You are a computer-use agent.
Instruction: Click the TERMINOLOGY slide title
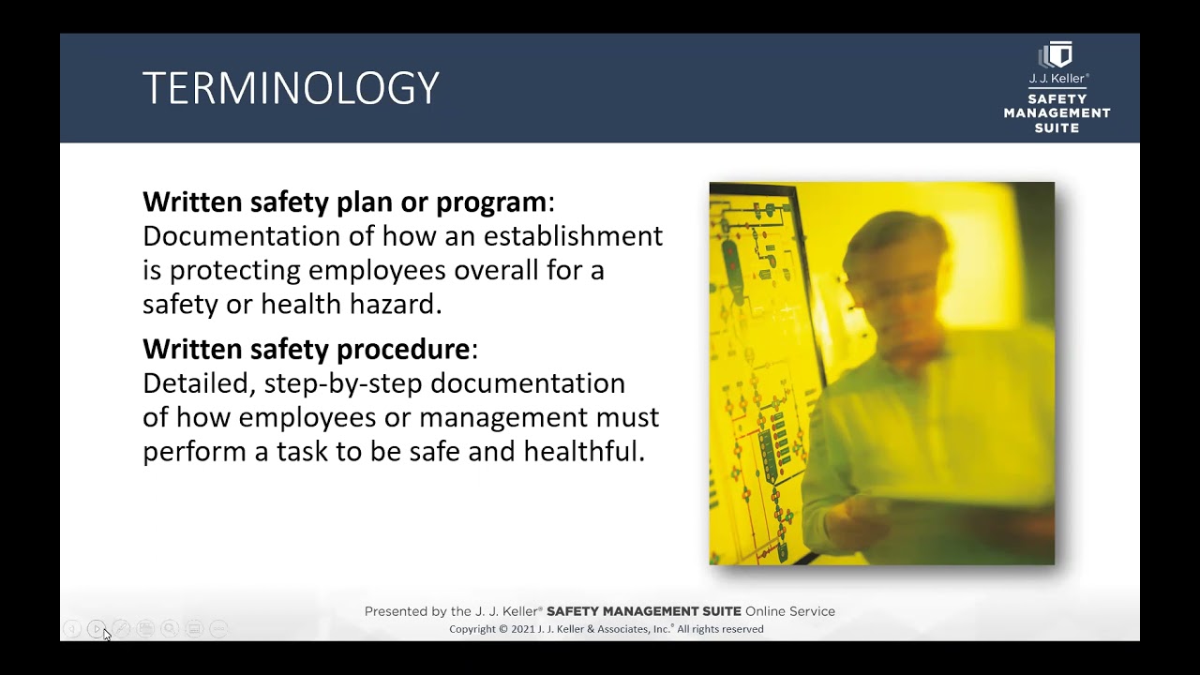coord(291,88)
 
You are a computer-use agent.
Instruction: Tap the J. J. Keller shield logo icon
coord(1057,55)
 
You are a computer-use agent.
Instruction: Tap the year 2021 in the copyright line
coord(523,629)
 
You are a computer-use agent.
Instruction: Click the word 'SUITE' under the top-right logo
coord(1057,127)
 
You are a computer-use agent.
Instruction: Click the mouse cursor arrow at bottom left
coord(106,635)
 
